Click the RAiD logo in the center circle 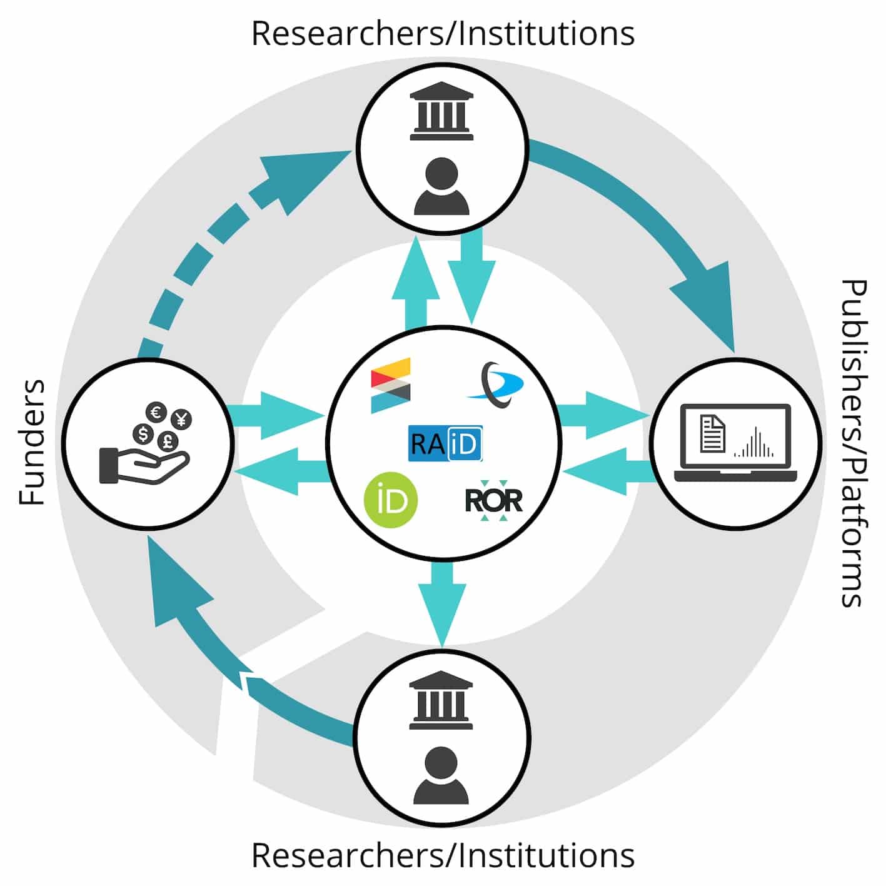click(x=445, y=443)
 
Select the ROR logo click(x=493, y=501)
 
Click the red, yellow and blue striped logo click(x=391, y=385)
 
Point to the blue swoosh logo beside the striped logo click(x=496, y=385)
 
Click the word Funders click(x=32, y=442)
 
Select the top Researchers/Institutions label click(x=443, y=34)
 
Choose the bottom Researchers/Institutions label click(x=443, y=855)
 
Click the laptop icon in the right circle click(x=735, y=443)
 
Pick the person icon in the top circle click(x=441, y=187)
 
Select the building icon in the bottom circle click(x=441, y=700)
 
